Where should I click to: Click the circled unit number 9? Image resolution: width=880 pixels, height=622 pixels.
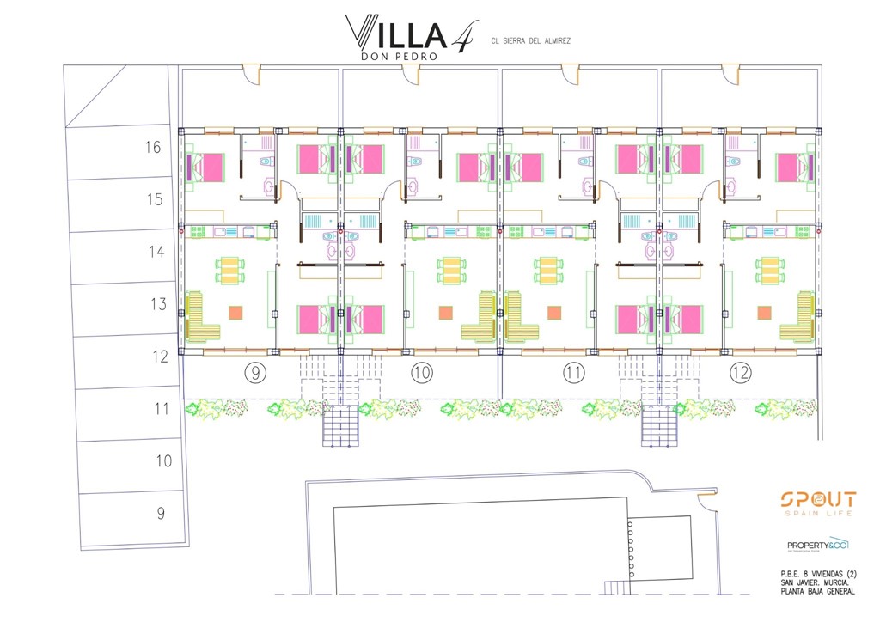click(255, 373)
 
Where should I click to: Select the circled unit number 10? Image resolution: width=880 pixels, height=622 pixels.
click(421, 373)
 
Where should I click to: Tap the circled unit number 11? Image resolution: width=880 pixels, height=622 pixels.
click(574, 373)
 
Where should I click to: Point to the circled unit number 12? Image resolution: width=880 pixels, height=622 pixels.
click(740, 373)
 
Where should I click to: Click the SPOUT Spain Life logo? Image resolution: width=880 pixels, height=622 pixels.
click(817, 503)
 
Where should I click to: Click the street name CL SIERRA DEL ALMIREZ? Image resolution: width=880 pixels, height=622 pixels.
click(530, 40)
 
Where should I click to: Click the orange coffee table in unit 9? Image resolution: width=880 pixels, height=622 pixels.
click(235, 314)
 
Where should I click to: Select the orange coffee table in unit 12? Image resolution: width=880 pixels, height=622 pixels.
click(764, 314)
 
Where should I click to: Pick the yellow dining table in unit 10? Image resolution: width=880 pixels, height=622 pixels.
click(450, 271)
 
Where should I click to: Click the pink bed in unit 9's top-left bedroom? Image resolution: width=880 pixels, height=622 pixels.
click(206, 164)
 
